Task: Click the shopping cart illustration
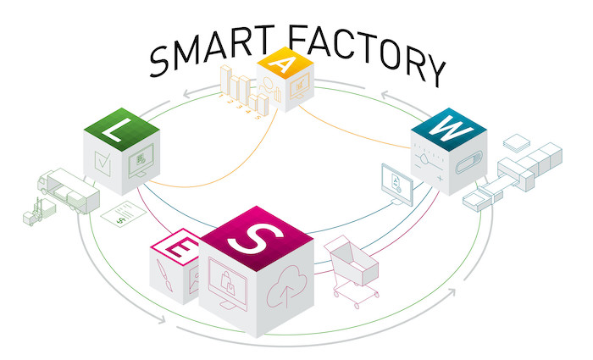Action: [352, 270]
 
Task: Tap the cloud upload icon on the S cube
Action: [286, 286]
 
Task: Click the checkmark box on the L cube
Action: [103, 163]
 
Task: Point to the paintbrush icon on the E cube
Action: [164, 275]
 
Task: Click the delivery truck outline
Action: [68, 191]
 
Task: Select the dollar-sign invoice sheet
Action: [124, 214]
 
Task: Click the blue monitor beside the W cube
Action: [397, 185]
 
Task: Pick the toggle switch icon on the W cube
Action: [469, 163]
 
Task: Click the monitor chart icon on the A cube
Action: [300, 86]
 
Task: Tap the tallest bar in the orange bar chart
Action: [226, 80]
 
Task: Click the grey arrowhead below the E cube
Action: [162, 319]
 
